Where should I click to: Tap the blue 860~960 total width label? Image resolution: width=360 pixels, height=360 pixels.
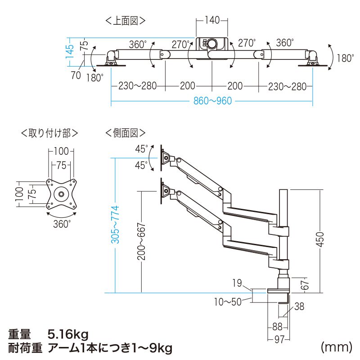coord(212,100)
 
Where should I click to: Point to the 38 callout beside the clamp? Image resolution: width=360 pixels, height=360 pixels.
coord(300,307)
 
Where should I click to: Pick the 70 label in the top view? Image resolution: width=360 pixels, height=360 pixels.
coord(76,75)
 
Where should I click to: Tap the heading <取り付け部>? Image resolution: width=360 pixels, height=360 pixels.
coord(49,132)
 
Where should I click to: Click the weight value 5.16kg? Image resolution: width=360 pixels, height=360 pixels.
coord(68,334)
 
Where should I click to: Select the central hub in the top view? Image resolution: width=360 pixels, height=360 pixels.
coord(211,45)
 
